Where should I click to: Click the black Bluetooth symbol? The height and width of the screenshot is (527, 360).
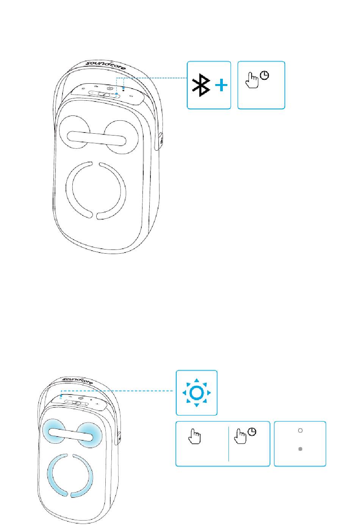point(201,85)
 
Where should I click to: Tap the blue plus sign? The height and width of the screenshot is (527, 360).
point(221,85)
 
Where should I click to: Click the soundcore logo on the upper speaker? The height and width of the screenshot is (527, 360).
point(106,65)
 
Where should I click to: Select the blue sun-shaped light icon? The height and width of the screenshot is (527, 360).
point(196,393)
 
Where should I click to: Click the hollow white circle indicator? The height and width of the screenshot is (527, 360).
point(300,430)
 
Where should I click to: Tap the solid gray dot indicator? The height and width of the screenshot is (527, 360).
point(300,449)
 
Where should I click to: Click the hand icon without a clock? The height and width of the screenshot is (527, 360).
point(194,437)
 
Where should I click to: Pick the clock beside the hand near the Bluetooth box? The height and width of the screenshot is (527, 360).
point(265,76)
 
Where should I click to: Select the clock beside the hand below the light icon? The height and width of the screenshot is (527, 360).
point(252,432)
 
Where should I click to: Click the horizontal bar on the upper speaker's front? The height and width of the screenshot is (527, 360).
point(96,139)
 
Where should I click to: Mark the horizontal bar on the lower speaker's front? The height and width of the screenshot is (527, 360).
point(71,434)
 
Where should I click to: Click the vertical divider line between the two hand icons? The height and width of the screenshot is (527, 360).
point(229,444)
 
